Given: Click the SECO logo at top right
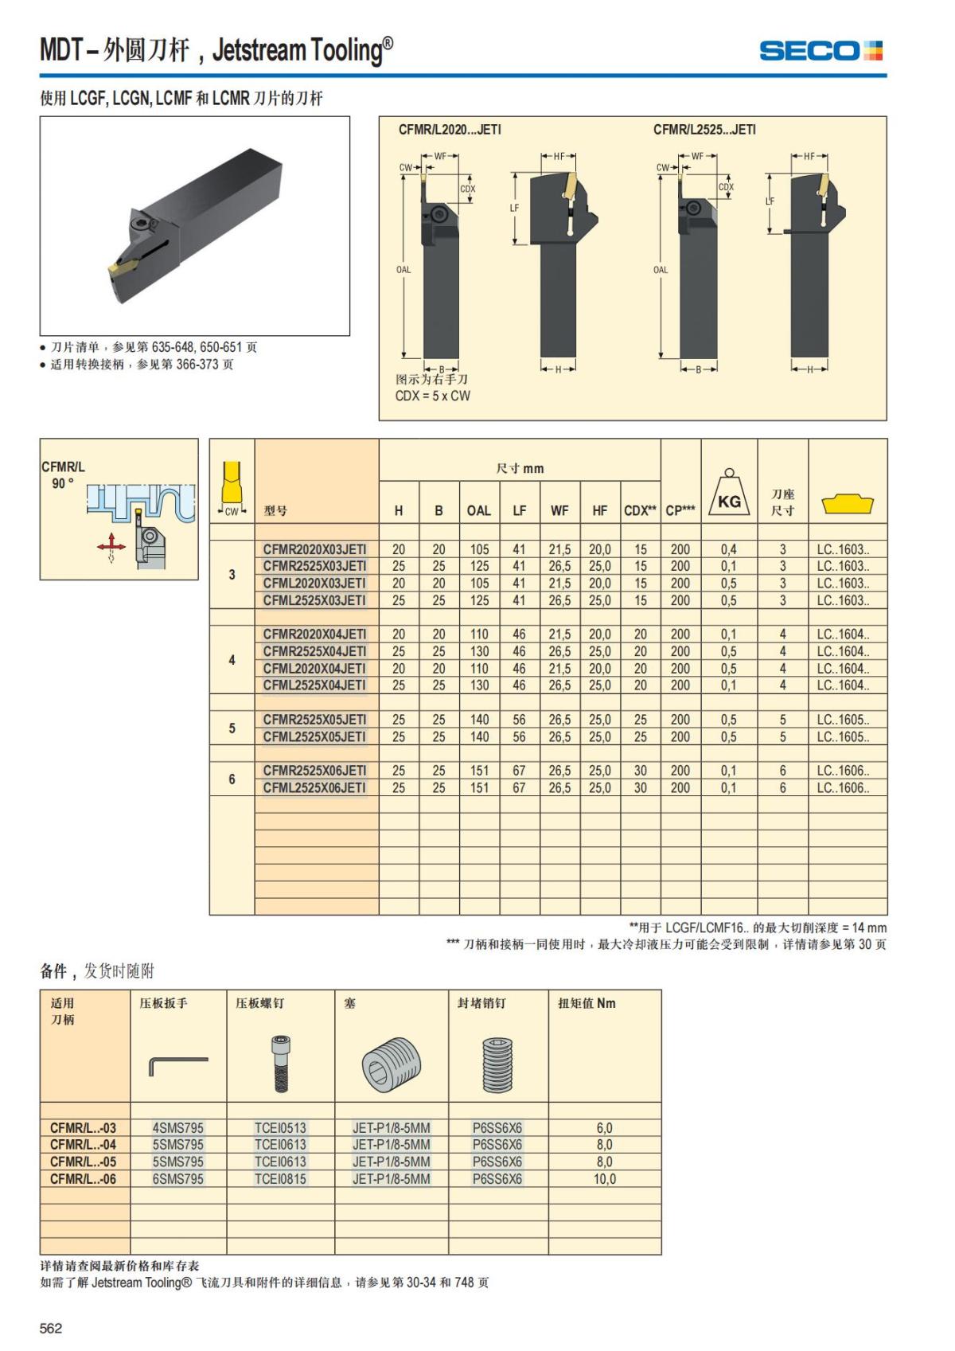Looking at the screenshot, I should point(821,51).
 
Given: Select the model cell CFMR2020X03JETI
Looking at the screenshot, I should point(315,549).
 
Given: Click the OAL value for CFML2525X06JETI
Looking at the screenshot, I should point(479,788).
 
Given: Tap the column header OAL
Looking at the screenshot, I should point(479,511).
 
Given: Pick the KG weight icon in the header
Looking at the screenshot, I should point(729,494).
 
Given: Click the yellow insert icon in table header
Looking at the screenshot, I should point(848,503).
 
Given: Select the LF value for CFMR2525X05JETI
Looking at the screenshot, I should point(519,720).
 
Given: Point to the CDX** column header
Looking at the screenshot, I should point(641,511).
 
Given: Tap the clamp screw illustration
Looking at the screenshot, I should point(280,1064).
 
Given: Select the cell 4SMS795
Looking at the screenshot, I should point(178,1128).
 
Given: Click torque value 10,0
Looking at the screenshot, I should point(604,1179).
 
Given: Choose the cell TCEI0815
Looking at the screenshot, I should point(280,1179).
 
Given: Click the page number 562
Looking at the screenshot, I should point(51,1328).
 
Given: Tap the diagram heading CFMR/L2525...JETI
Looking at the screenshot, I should point(704,130).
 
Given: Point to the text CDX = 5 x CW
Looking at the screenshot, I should point(433,396).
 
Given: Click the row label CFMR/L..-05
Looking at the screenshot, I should point(83,1162).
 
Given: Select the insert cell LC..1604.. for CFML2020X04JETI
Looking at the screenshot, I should point(843,669).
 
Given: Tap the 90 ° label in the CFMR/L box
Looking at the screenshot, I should point(62,483).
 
